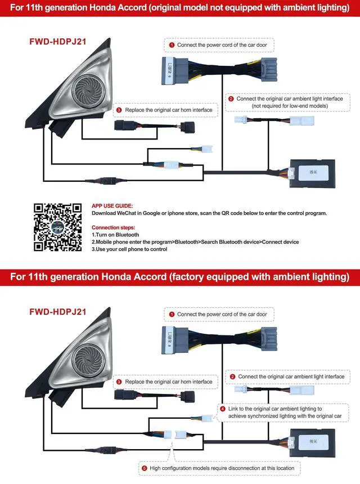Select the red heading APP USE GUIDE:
[112, 207]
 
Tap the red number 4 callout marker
[223, 409]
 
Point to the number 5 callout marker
[145, 468]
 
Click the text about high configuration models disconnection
[222, 468]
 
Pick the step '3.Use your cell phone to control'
[129, 249]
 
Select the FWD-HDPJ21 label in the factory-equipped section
[57, 311]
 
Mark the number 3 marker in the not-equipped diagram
[119, 110]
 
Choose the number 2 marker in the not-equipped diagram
[231, 98]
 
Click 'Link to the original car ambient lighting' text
[275, 409]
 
